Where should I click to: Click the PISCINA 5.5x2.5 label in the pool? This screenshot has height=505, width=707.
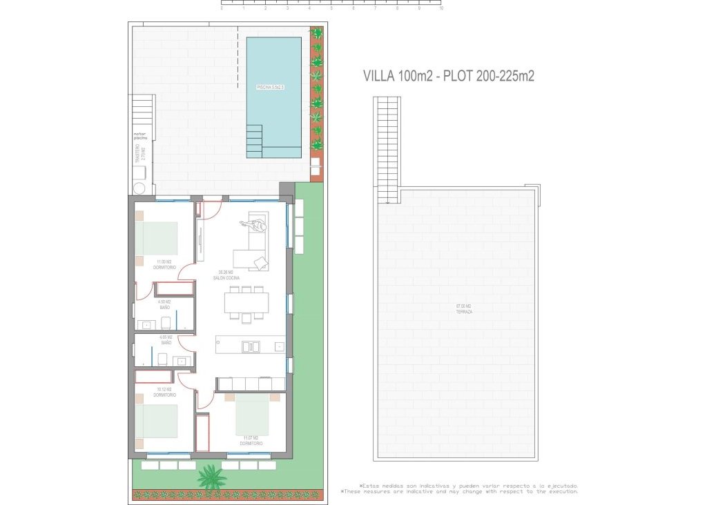pos(270,88)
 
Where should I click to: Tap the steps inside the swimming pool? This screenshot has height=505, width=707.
pos(255,140)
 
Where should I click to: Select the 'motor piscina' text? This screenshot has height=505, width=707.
pos(141,137)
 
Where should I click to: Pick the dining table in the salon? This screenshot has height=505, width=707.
pos(246,302)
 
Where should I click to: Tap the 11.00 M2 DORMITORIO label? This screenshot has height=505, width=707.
pos(165,264)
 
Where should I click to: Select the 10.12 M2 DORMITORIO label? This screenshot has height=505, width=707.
pos(164,393)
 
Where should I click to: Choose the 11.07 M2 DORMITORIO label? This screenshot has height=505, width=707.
pos(251,440)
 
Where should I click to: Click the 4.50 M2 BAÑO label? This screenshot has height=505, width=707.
pos(164,304)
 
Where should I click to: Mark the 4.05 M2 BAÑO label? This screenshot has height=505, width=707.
pos(166,339)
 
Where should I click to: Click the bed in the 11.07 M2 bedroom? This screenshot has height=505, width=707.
pos(252,415)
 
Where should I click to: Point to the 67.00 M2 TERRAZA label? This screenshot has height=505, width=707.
pos(464,309)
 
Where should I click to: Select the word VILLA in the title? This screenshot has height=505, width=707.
pos(380,77)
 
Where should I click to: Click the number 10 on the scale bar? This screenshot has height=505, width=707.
pos(440,9)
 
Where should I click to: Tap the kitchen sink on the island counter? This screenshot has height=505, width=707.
pos(251,346)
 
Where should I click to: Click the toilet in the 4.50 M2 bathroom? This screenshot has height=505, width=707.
pos(166,322)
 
